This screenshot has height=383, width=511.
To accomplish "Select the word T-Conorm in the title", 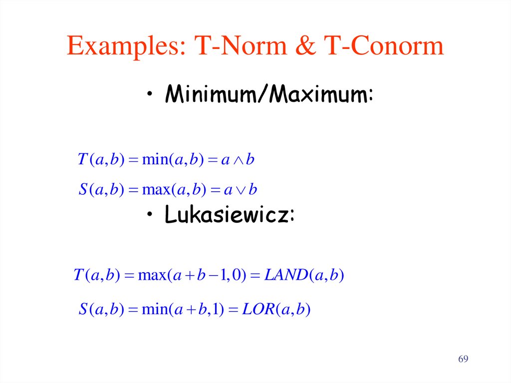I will [383, 46].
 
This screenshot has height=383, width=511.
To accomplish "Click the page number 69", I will [464, 360].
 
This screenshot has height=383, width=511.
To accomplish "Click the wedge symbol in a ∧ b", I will [237, 161].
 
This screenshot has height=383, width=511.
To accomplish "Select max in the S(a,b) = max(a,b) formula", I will [156, 190].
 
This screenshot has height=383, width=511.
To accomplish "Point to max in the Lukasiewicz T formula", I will [150, 275].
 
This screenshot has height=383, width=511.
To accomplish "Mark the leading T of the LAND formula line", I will [77, 275].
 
